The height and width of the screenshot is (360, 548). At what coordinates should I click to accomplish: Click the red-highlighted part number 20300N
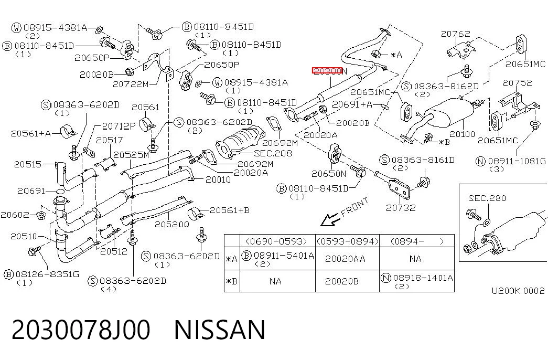329,71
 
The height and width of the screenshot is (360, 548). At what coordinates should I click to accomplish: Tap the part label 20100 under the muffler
462,134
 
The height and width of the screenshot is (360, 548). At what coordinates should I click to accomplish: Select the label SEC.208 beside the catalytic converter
273,153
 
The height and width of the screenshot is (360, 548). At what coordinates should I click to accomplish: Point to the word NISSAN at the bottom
220,330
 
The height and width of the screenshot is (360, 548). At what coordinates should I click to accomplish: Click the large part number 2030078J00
81,330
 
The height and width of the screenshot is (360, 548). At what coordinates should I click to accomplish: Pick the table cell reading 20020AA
345,259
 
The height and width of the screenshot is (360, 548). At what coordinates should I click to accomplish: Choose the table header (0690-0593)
276,241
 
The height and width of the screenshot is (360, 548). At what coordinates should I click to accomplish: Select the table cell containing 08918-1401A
417,281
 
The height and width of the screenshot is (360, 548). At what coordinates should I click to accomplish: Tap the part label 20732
401,208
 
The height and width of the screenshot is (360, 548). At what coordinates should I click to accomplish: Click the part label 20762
455,34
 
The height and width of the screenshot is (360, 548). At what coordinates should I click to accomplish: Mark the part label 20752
517,82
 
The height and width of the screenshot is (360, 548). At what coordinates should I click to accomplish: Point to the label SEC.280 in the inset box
487,198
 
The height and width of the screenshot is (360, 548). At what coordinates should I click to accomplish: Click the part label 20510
24,237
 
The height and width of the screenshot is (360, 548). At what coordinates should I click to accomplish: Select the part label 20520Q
171,224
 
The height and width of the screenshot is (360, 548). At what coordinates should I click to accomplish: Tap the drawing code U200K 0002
518,291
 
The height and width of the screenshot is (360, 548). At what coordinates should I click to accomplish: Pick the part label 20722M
131,84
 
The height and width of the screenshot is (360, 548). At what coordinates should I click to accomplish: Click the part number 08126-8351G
47,274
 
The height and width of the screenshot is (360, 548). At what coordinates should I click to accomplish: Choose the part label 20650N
329,174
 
